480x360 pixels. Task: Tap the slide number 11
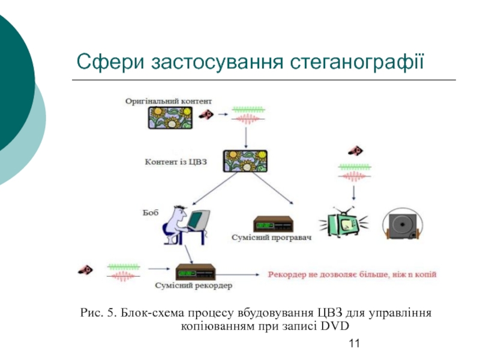coord(353,343)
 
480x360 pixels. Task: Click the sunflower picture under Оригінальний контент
coord(170,117)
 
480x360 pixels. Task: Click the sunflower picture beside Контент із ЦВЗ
coord(245,161)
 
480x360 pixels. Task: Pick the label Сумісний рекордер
coord(193,286)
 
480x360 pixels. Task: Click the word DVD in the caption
coord(334,326)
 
